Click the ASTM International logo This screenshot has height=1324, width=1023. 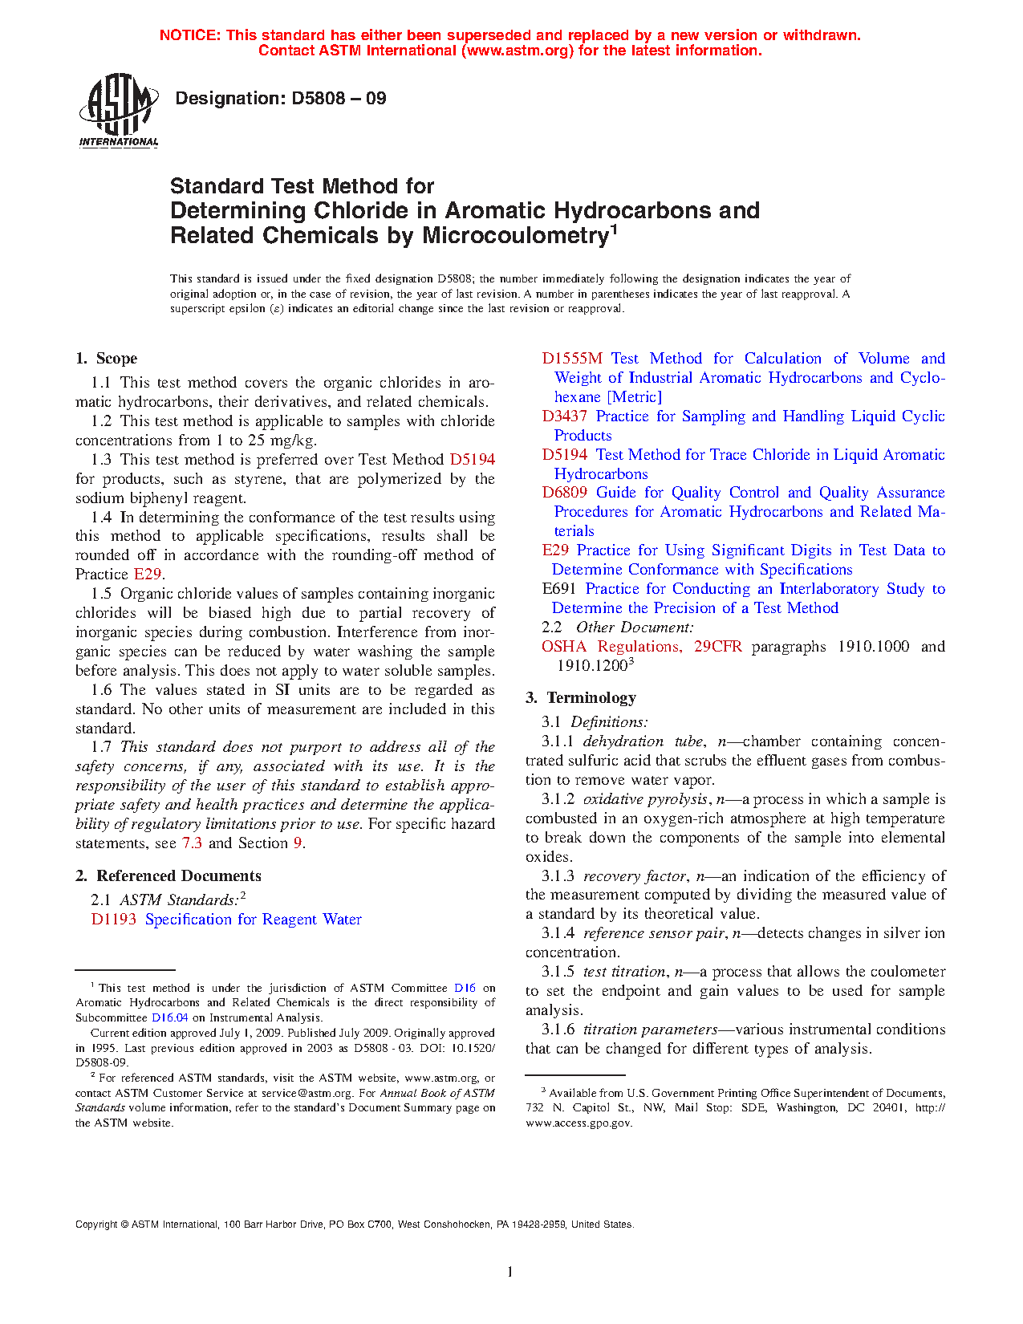point(119,111)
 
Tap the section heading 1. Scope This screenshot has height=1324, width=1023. point(107,359)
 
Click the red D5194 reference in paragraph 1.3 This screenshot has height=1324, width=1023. point(472,460)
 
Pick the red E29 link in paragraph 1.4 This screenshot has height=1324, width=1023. point(148,575)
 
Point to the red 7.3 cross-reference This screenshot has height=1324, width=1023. point(192,843)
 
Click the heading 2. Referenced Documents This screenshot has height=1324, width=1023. point(168,876)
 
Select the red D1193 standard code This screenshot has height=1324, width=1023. point(113,920)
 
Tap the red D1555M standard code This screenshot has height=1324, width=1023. point(571,359)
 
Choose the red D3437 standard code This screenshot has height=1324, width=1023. point(564,416)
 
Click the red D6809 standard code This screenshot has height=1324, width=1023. point(564,493)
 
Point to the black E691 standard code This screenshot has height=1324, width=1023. point(558,589)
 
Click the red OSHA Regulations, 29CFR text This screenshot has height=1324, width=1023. point(641,647)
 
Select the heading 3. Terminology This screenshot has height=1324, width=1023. point(581,698)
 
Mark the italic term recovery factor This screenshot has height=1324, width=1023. point(634,876)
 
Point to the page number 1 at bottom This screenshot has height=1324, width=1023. point(509,1271)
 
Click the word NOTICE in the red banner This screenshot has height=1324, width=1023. point(189,35)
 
